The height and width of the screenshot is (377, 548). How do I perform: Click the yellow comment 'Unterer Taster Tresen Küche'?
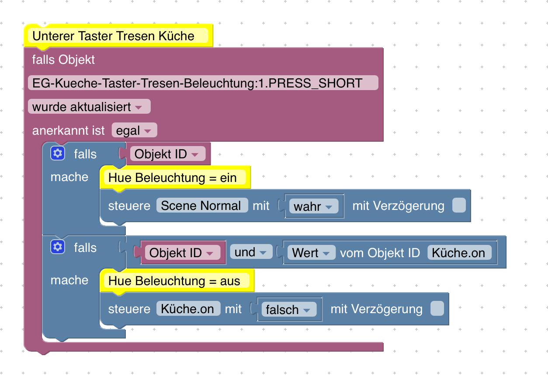coord(114,36)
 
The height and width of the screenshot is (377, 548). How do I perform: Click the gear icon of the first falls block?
coord(58,154)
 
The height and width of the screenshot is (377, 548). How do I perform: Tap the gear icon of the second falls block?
coord(58,247)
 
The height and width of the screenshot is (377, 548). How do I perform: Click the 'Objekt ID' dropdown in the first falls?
coord(166,154)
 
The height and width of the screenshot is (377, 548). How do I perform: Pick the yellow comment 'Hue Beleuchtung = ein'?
coord(173,178)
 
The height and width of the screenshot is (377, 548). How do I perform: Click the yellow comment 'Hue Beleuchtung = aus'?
coord(174,281)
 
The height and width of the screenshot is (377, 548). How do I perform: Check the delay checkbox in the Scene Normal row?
coord(459,206)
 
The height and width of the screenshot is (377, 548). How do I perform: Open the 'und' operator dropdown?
coord(250,252)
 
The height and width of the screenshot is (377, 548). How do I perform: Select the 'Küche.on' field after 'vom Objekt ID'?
coord(459,253)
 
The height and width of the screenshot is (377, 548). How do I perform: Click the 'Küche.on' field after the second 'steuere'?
coord(188,309)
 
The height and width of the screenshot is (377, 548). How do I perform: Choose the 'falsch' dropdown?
coord(288,310)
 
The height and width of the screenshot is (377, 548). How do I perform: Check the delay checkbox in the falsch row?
coord(437,309)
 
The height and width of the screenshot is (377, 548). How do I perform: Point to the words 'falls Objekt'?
coord(63,59)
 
